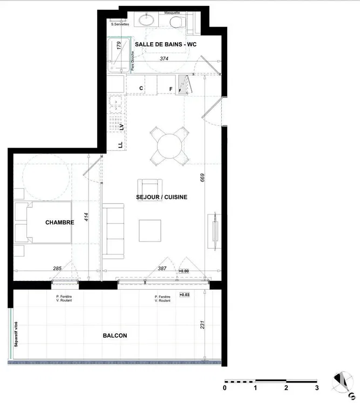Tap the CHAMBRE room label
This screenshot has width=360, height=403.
coord(59,222)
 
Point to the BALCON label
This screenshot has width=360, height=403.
coord(114,335)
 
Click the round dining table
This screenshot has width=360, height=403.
coord(170,144)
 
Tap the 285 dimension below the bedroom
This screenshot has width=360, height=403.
coord(58,269)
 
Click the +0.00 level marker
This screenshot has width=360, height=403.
coord(184,271)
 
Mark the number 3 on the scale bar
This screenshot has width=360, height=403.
coord(316,388)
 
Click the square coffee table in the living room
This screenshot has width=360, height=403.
coord(150,231)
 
